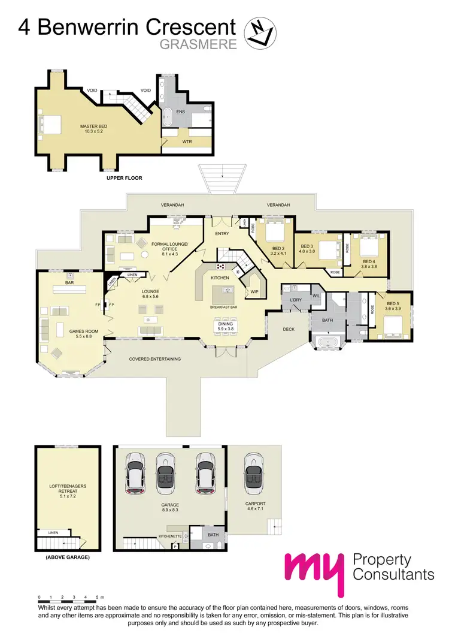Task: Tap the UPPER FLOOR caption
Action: click(x=124, y=178)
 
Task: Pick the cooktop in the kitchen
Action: click(x=220, y=266)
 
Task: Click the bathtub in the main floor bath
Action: click(x=327, y=344)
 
